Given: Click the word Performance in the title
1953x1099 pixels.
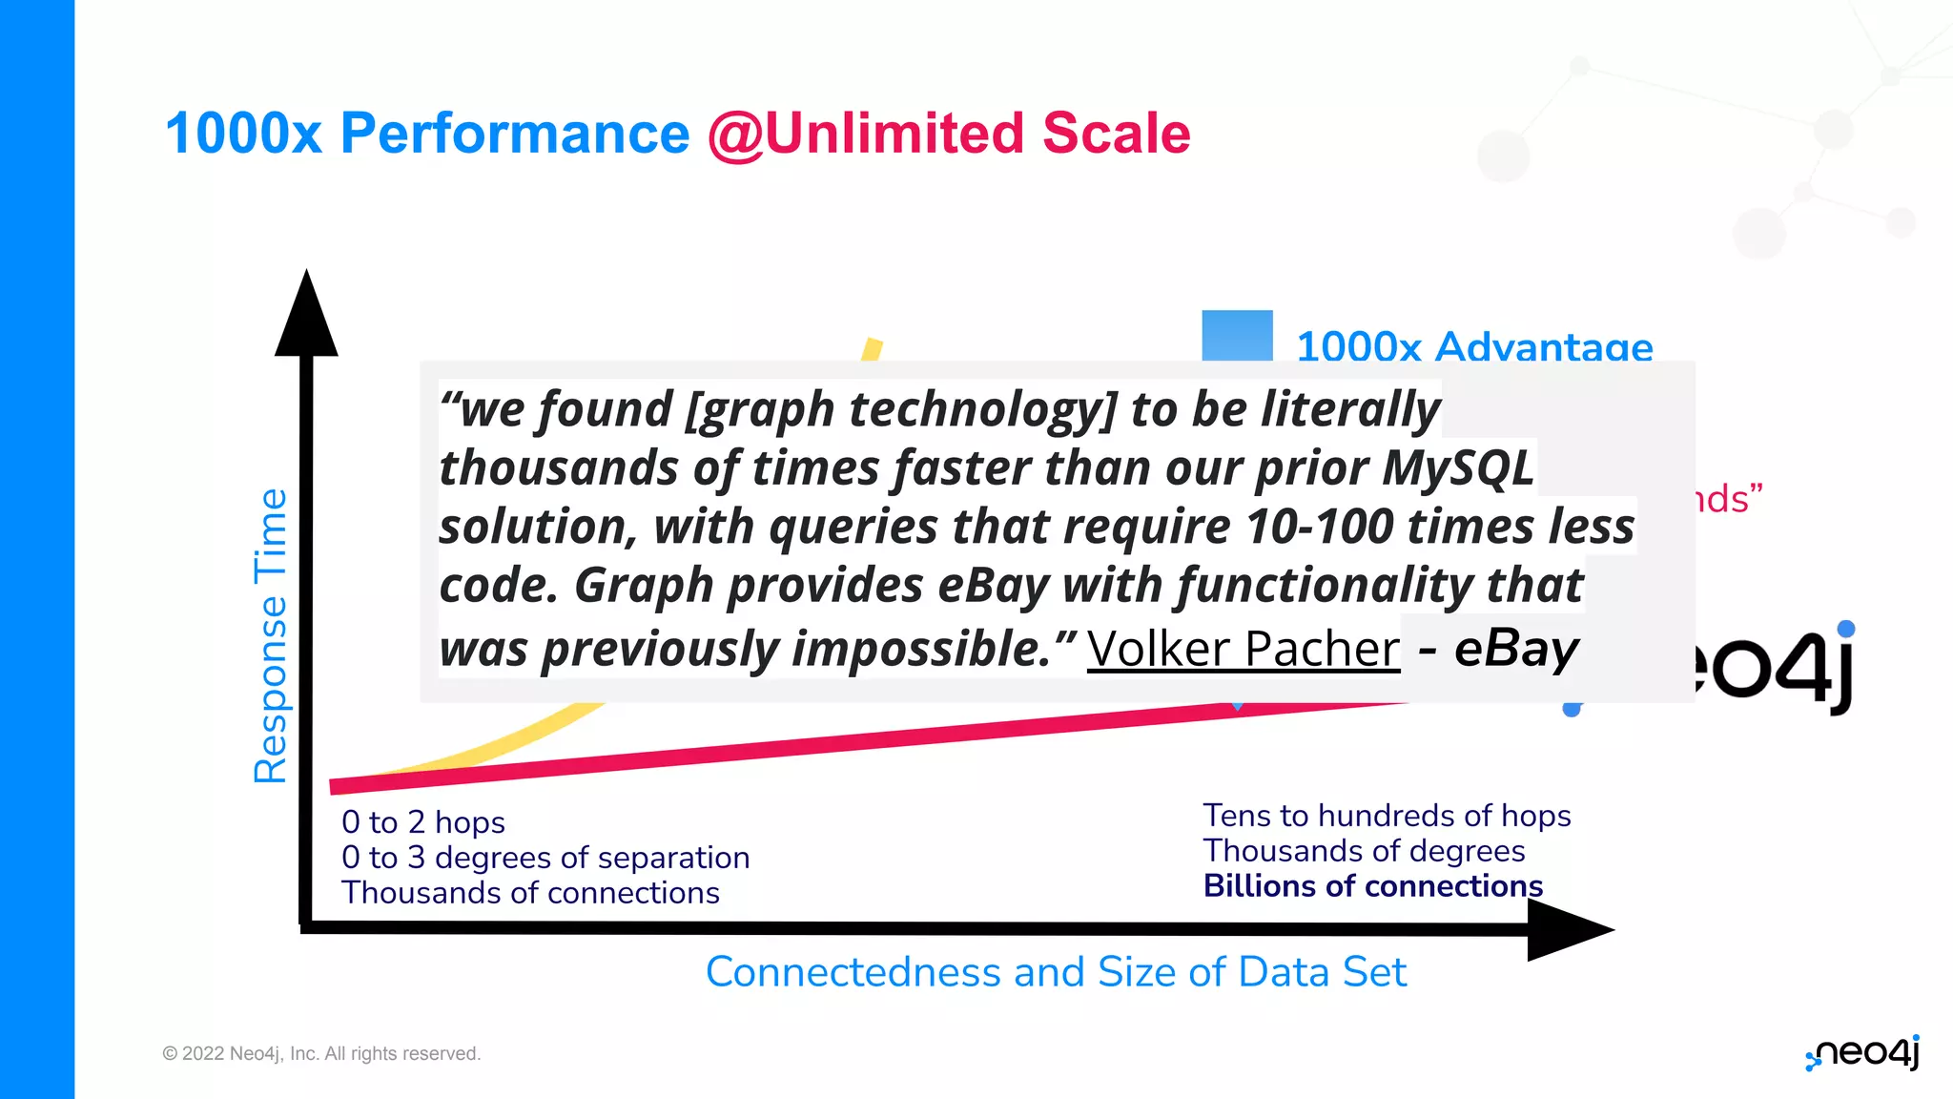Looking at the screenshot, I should pyautogui.click(x=514, y=133).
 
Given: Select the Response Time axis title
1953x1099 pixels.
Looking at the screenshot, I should pyautogui.click(x=271, y=635).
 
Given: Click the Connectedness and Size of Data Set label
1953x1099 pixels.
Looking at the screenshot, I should pyautogui.click(x=1056, y=972).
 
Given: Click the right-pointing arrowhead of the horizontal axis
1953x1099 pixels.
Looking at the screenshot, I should pyautogui.click(x=1568, y=929).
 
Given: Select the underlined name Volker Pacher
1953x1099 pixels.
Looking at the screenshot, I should pyautogui.click(x=1243, y=650).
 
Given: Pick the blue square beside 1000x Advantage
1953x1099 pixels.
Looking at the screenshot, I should pyautogui.click(x=1237, y=336).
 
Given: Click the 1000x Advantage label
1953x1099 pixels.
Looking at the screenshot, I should pyautogui.click(x=1473, y=346).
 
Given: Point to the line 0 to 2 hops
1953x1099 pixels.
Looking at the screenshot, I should pyautogui.click(x=422, y=822).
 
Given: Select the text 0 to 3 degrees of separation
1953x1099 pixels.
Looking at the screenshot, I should pyautogui.click(x=545, y=858).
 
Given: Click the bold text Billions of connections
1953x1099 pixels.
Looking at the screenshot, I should pyautogui.click(x=1372, y=886).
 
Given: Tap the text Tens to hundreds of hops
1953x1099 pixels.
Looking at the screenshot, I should pyautogui.click(x=1387, y=816).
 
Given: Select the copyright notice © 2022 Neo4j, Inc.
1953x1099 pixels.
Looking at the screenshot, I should pyautogui.click(x=321, y=1053).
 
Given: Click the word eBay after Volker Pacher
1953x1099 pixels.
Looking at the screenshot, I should pyautogui.click(x=1516, y=650).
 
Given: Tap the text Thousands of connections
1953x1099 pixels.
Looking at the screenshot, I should pyautogui.click(x=530, y=893).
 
